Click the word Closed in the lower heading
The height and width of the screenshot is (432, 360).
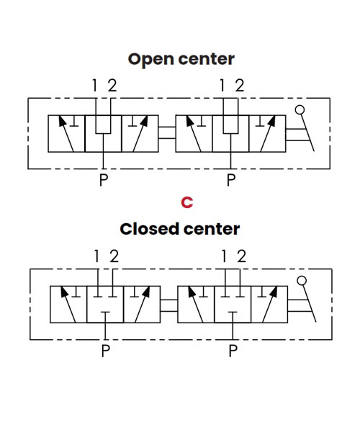tap(149, 229)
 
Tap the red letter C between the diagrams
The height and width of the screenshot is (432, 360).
tap(187, 202)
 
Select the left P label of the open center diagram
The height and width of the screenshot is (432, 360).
tap(104, 179)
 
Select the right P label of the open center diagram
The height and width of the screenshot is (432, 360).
tap(231, 179)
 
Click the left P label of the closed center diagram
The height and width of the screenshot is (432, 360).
tap(106, 351)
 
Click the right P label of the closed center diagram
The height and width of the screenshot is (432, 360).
tap(233, 351)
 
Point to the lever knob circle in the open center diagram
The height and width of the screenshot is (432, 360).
tap(300, 110)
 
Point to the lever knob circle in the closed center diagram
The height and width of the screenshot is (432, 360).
tap(302, 281)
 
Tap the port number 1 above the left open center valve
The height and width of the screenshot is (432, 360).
tap(94, 86)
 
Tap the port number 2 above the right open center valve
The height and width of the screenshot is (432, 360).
tap(240, 86)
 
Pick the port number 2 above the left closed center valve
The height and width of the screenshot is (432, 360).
tap(114, 256)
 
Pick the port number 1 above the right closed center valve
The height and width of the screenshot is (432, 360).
tap(224, 256)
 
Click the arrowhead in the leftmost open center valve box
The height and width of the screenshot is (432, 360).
tap(62, 121)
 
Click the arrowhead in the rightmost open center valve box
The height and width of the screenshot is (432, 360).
tap(271, 121)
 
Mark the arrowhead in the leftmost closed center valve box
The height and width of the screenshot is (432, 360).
tap(64, 292)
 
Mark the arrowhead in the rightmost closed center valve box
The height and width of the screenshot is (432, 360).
tap(274, 292)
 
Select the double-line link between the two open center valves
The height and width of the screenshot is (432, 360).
tap(167, 132)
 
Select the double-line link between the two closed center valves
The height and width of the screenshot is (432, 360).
tap(169, 305)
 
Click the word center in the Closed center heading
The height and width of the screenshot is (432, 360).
tap(212, 229)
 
